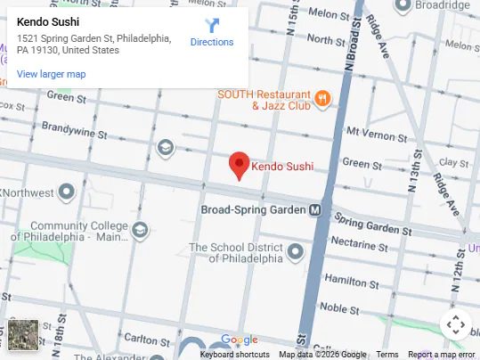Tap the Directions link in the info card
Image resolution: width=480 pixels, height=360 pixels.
[x=212, y=42]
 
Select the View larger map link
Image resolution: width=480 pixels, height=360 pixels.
[x=52, y=74]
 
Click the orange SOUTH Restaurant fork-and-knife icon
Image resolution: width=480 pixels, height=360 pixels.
[x=322, y=99]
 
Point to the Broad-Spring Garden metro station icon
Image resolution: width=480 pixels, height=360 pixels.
[x=314, y=210]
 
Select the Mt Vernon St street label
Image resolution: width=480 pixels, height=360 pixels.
[x=376, y=132]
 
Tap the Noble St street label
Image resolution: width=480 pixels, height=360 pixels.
[x=338, y=307]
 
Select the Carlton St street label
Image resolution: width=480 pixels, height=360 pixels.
[x=142, y=339]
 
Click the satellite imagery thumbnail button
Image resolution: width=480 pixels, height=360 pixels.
[x=24, y=335]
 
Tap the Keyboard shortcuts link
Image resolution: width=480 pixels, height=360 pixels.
[x=234, y=355]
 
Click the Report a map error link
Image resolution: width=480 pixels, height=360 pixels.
[x=442, y=355]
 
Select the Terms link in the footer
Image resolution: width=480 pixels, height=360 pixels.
[x=387, y=355]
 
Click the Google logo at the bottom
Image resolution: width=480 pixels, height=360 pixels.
[x=239, y=340]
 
